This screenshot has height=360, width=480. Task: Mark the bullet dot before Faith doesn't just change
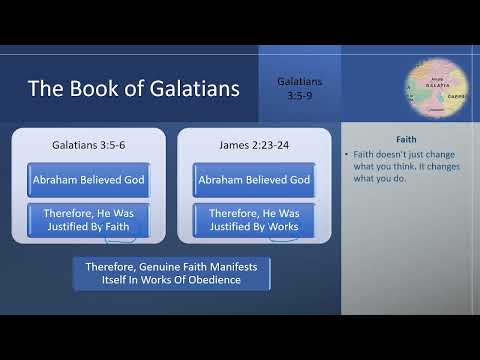[x=345, y=156]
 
